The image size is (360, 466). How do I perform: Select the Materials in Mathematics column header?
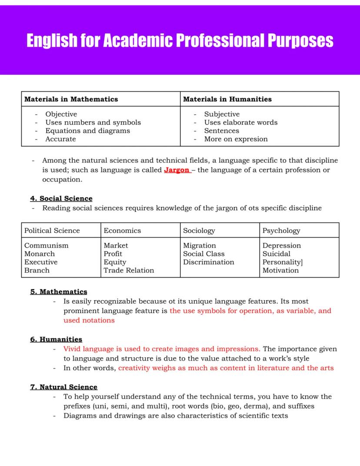tap(71, 99)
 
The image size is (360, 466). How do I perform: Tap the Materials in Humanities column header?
tap(227, 99)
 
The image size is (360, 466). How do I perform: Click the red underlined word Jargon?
tap(177, 170)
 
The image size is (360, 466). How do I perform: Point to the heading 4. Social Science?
tap(61, 198)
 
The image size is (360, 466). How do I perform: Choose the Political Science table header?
tap(52, 231)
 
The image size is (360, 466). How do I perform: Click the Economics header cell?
tap(122, 231)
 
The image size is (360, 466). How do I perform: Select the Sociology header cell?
tap(199, 231)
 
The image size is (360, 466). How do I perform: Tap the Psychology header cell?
tap(281, 231)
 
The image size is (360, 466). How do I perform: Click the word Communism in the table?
tap(46, 245)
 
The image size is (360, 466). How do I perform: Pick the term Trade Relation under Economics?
tap(129, 270)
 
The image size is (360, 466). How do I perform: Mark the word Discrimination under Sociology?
tap(208, 262)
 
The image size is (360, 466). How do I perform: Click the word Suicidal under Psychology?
tap(276, 254)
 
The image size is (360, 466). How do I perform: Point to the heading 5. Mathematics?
tap(59, 292)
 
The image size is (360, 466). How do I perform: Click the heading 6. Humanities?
tap(56, 339)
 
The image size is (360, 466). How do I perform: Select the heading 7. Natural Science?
tap(64, 387)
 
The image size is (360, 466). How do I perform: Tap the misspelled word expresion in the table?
tap(251, 139)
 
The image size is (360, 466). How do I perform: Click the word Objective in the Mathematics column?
tap(61, 114)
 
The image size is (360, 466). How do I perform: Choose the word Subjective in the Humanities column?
tap(222, 114)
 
